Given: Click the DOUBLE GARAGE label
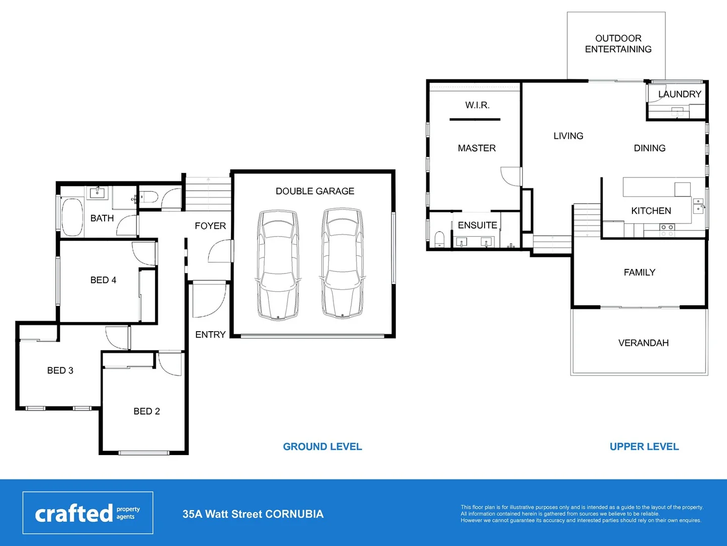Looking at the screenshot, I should tap(315, 191).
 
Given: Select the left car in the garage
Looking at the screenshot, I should tap(277, 264).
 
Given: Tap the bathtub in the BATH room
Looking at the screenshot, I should tap(72, 217).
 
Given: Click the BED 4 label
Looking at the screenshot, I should tap(103, 280).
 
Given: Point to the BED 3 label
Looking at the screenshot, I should tap(60, 371).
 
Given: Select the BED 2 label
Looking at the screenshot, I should tap(147, 412).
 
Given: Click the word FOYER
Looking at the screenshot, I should tap(210, 226).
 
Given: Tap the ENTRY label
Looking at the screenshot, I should tap(210, 335).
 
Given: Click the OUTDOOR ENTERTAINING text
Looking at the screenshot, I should tap(618, 44).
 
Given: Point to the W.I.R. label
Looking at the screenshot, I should tap(477, 105).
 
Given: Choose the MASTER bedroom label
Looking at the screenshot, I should tap(476, 148).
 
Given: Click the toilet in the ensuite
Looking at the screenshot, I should tap(439, 239).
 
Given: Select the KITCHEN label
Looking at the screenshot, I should tap(651, 211).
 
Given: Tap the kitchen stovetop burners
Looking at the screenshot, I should tap(667, 231).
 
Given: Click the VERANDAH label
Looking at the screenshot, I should tap(643, 343).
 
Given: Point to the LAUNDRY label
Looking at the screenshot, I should tap(680, 94).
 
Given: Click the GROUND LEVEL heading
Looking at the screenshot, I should tap(322, 447).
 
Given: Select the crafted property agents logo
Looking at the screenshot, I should tap(88, 513).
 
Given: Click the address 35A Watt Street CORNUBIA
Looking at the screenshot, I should tap(253, 514).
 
